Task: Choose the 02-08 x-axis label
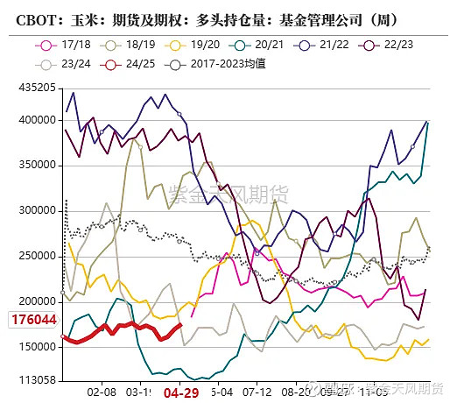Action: [x=102, y=394]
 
